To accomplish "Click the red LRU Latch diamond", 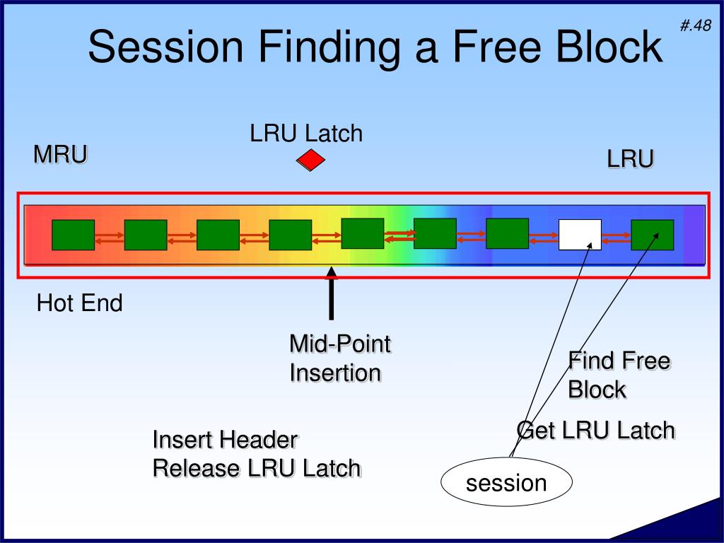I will pos(310,161).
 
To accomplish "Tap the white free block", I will pos(580,235).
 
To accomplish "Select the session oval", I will pos(506,484).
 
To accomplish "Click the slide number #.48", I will pos(696,26).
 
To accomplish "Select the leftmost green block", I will pos(73,235).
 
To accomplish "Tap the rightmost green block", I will pos(652,235).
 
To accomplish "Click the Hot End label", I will pos(80,303).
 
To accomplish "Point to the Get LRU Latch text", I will pos(595,430).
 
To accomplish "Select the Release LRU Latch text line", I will pos(257,468).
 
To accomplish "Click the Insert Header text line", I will pos(225,440).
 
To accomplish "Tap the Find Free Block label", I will pos(618,375).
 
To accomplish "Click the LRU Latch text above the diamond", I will pos(305,133).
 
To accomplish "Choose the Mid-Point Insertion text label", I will pos(339,358).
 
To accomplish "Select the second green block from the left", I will pos(146,235).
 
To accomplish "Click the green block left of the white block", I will pos(507,233).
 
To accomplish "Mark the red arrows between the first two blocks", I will pos(109,238).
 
